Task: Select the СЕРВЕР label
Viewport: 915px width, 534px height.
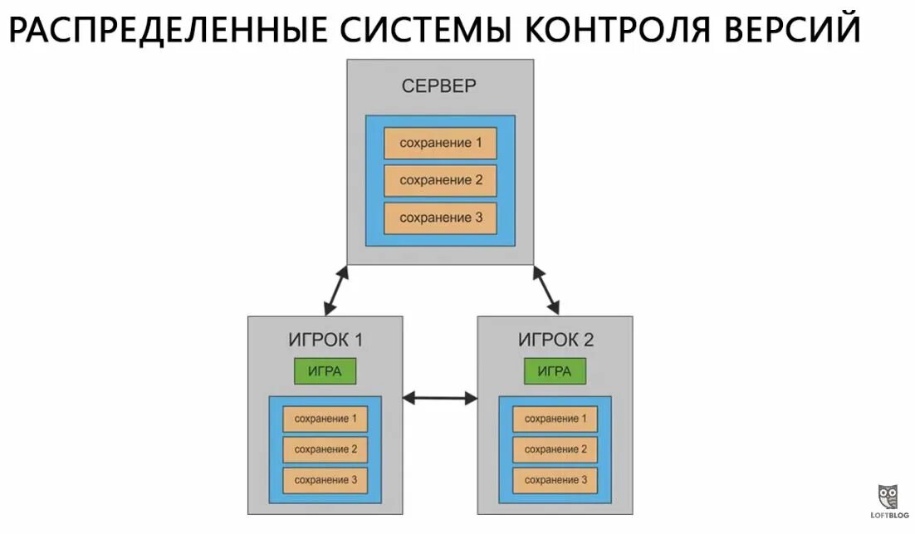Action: point(439,86)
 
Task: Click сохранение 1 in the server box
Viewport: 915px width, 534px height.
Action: point(440,143)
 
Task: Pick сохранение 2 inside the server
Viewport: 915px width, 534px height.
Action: point(440,180)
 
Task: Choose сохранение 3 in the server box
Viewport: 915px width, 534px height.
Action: point(440,218)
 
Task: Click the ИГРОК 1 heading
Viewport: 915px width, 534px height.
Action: point(325,340)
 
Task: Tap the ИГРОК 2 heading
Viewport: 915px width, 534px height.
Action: point(555,340)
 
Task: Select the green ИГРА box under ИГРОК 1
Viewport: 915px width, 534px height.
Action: point(325,371)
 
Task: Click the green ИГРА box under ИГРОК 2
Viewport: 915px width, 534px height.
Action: point(555,371)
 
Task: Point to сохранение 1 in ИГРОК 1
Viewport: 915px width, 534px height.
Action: point(325,419)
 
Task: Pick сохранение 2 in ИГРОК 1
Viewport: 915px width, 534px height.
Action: point(325,449)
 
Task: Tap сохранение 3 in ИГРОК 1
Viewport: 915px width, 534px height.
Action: point(325,480)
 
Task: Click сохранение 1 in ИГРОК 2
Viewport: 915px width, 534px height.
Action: point(555,419)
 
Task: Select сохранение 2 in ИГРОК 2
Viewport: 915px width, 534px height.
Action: point(555,449)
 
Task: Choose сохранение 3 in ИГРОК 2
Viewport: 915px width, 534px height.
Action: point(555,480)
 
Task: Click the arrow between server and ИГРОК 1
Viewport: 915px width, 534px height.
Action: point(335,290)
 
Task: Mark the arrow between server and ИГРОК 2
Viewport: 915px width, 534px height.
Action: point(546,290)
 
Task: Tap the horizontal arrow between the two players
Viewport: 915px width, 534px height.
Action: point(440,399)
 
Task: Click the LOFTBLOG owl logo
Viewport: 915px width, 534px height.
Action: point(888,498)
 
